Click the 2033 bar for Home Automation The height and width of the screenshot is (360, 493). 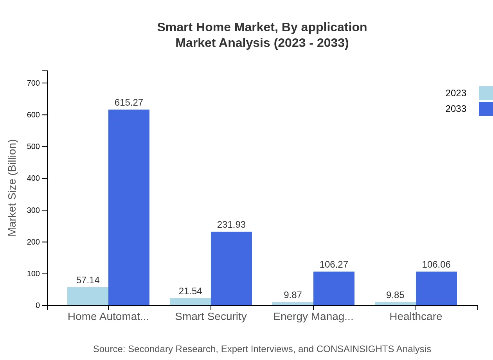(x=129, y=207)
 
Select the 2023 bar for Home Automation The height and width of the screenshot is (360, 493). (x=88, y=296)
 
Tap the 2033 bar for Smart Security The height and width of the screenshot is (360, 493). (x=231, y=268)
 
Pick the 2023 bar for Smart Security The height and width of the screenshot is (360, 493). (x=190, y=302)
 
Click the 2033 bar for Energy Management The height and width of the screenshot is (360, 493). (x=334, y=288)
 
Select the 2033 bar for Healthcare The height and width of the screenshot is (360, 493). (x=436, y=288)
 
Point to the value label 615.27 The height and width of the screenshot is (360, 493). (x=129, y=103)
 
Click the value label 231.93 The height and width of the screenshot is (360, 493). (x=231, y=225)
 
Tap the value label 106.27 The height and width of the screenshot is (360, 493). (x=334, y=265)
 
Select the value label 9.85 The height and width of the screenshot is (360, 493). (x=395, y=295)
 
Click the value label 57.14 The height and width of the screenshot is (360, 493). (x=88, y=280)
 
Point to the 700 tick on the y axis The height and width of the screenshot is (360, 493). (x=33, y=83)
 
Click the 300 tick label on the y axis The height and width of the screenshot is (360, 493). (x=33, y=210)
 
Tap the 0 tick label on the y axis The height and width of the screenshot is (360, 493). (x=38, y=306)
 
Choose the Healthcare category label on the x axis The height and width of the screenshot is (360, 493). (x=416, y=317)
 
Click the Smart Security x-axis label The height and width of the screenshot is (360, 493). (x=211, y=317)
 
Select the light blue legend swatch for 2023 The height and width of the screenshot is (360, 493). (x=486, y=93)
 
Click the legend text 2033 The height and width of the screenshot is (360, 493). (x=456, y=109)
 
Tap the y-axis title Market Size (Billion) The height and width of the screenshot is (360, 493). (x=12, y=188)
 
